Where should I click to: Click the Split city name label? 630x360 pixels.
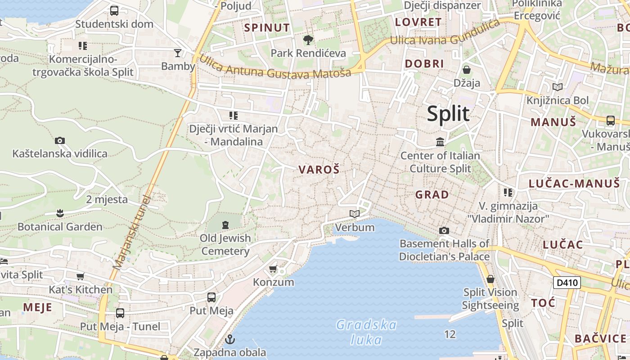(448, 113)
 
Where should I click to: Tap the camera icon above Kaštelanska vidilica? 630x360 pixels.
(60, 140)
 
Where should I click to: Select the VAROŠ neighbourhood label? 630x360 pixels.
(319, 170)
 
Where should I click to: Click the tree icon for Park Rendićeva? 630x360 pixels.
(308, 40)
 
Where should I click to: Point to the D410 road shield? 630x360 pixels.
(567, 283)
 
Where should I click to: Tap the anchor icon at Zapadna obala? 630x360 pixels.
(230, 339)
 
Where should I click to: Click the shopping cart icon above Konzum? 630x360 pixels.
(273, 269)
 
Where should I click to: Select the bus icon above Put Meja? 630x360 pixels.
(211, 297)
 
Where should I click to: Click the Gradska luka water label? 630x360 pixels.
(366, 332)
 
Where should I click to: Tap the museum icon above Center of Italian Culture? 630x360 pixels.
(440, 142)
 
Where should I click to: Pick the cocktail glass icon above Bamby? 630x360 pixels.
(178, 53)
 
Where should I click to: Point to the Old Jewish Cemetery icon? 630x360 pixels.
(225, 224)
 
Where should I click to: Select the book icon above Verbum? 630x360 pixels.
(355, 214)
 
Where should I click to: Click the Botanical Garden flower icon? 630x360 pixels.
(60, 213)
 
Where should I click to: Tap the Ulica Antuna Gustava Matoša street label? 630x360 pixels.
(274, 67)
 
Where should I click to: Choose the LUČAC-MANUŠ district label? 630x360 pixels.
(574, 183)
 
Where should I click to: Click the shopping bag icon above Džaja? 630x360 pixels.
(467, 70)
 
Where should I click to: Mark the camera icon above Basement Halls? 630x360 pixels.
(444, 230)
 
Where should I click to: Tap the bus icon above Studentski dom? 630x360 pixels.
(114, 10)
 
